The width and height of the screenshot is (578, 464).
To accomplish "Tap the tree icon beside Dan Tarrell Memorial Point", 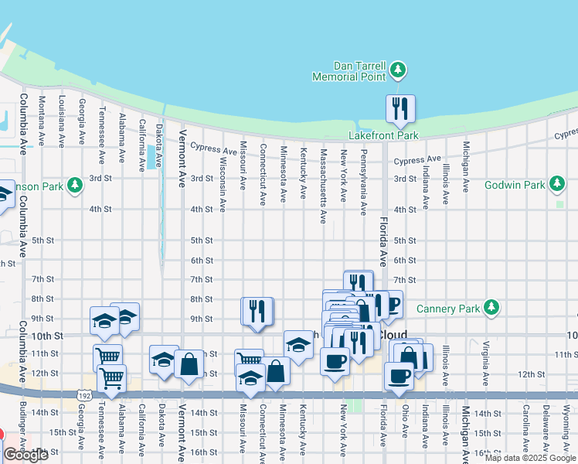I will [x=398, y=71].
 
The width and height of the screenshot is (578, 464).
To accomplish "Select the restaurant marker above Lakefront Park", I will [x=400, y=108].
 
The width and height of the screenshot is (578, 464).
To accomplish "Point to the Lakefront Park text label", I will [x=383, y=135].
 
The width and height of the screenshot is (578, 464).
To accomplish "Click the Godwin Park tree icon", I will [x=556, y=185].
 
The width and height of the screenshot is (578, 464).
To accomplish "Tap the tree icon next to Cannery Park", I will [x=491, y=309].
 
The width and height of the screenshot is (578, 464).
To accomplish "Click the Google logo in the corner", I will [x=25, y=455].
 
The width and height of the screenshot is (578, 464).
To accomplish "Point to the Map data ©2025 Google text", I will [x=529, y=458].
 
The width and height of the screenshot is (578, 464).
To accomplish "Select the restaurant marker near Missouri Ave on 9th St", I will [x=257, y=311].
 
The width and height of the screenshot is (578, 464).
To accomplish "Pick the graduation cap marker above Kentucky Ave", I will [x=297, y=343].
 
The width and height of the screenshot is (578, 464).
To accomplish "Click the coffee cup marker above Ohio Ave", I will [x=399, y=375].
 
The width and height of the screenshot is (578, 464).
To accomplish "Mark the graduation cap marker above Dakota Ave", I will [x=163, y=360].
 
